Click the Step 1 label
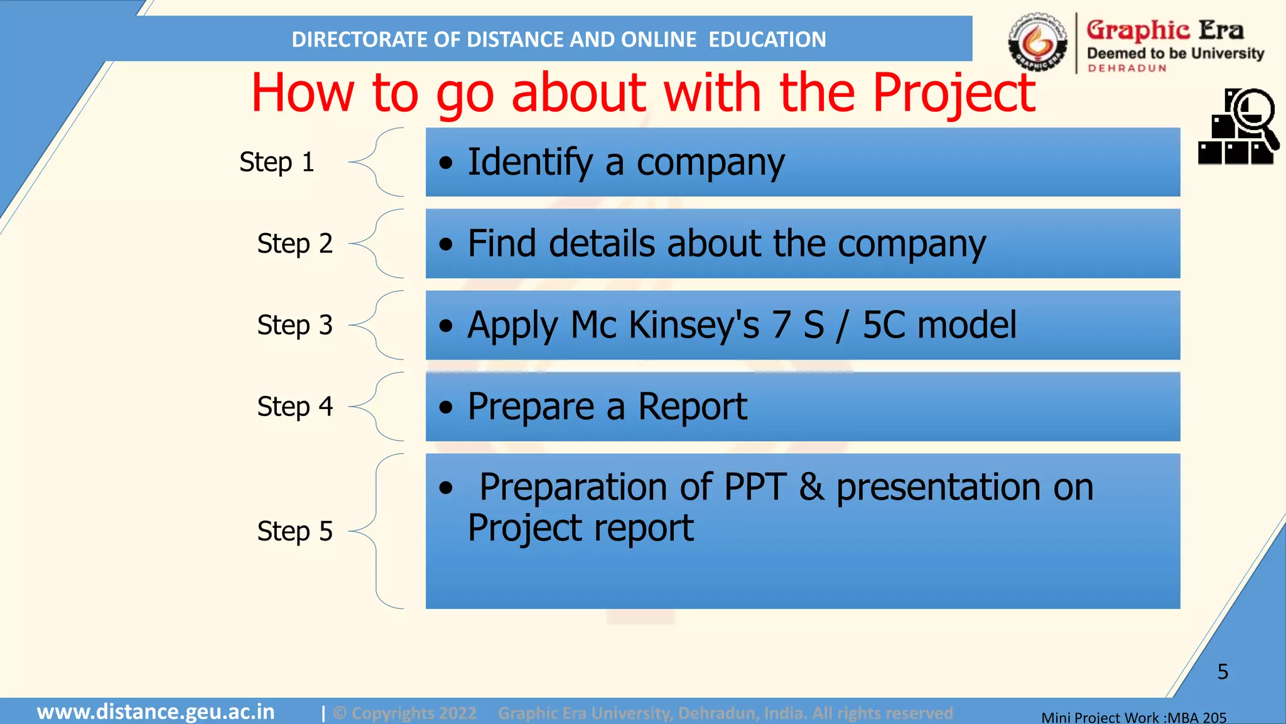(276, 162)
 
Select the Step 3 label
(294, 325)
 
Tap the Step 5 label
(294, 531)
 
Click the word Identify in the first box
(530, 162)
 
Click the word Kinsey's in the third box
(693, 325)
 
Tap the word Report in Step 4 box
(692, 407)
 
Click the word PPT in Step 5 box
(755, 487)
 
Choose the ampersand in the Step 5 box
(811, 487)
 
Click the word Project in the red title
(953, 93)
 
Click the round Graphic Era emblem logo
(1037, 41)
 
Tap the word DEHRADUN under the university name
(1127, 68)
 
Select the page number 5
(1222, 671)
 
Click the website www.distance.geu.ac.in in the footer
(156, 712)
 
